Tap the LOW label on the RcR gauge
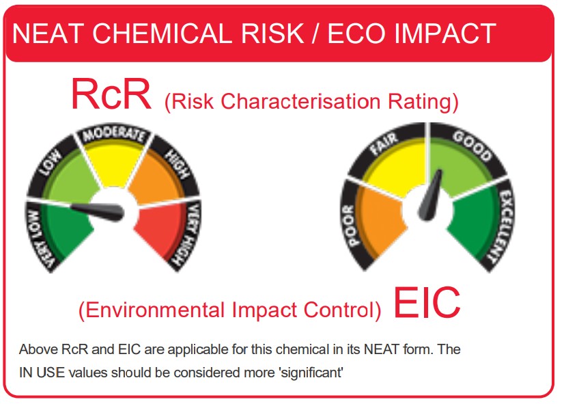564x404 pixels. tap(51, 163)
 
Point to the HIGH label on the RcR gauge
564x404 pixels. tap(177, 164)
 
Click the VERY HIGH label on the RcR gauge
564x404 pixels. tap(187, 234)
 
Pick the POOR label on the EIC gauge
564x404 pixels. tap(351, 226)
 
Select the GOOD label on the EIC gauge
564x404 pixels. tap(473, 146)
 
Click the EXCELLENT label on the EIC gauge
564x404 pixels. tap(504, 226)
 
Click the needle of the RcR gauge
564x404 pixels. tap(97, 211)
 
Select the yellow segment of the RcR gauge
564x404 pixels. tap(115, 163)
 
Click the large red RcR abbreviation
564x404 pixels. tap(111, 94)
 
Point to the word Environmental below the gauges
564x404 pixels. tap(155, 309)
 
